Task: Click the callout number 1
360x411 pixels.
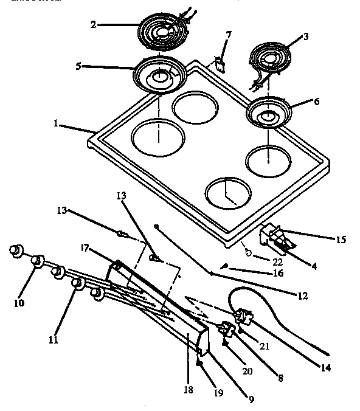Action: tap(55, 123)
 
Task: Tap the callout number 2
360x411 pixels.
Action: tap(94, 25)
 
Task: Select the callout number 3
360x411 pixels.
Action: tap(306, 36)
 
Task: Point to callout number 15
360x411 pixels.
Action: tap(340, 239)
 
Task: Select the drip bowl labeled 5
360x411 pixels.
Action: tap(158, 75)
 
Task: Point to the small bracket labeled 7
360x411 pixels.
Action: tap(218, 63)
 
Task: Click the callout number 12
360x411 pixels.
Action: tap(302, 296)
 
